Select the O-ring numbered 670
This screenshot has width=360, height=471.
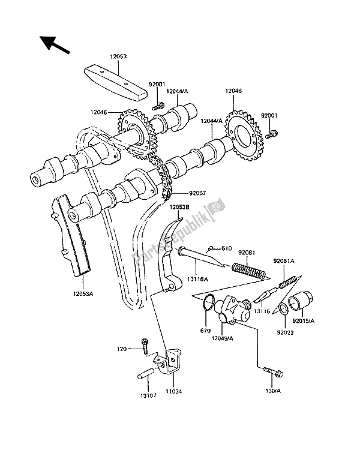click(x=206, y=302)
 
